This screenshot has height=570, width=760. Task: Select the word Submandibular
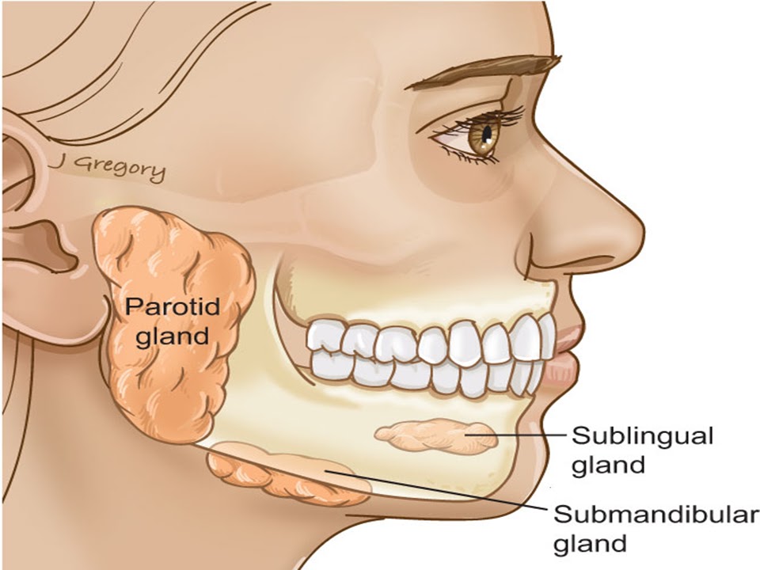[x=654, y=515]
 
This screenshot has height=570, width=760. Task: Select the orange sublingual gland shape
[x=435, y=436]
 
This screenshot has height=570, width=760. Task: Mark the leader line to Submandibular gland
[x=443, y=489]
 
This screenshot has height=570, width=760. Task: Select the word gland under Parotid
[x=173, y=336]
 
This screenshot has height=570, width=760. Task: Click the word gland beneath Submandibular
[x=589, y=544]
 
